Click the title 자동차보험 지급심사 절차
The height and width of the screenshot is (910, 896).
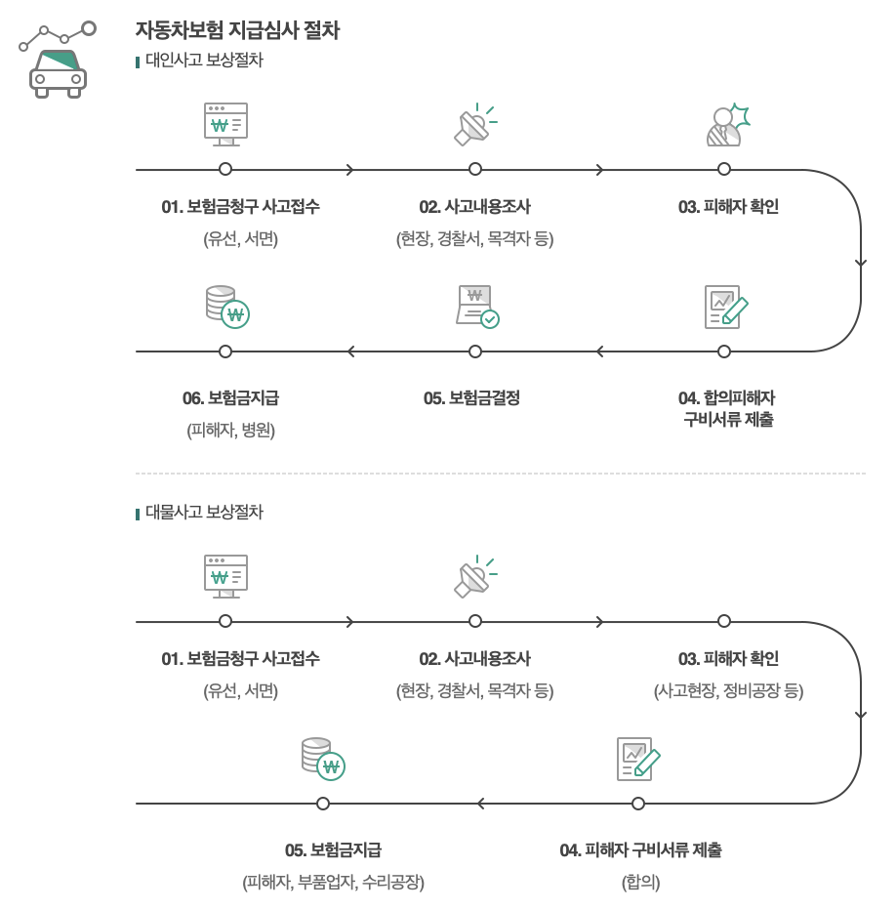coord(237,30)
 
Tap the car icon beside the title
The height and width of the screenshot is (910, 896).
coord(57,70)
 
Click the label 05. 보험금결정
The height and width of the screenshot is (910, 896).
coord(471,398)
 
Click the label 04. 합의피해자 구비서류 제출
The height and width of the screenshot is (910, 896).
coord(727,409)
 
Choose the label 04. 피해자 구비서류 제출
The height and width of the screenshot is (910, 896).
coord(640,850)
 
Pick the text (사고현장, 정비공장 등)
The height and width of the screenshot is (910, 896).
coord(728,690)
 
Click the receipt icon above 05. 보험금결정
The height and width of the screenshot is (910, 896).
coord(476,306)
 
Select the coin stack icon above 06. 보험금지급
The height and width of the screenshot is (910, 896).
coord(226,306)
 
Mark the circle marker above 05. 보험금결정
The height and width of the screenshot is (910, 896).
coord(475,352)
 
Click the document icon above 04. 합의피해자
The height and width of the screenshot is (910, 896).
coord(725,307)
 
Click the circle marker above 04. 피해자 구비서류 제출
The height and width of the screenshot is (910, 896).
coord(638,804)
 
